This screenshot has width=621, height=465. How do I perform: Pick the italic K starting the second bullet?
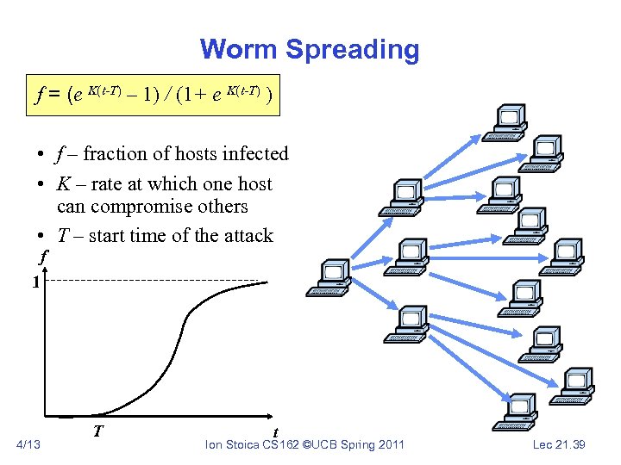pos(64,184)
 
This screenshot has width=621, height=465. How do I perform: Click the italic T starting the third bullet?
pos(63,236)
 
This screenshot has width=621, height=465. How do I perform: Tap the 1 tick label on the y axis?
pos(34,282)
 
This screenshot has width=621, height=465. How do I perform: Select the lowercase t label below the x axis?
pos(274,432)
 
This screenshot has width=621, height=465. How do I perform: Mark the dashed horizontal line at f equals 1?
pos(155,281)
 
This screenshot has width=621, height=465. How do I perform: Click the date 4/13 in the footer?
pos(28,444)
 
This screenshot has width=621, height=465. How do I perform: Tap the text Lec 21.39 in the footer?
pos(558,444)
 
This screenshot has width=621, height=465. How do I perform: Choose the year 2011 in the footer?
pos(388,444)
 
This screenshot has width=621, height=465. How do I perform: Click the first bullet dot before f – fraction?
pos(41,156)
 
